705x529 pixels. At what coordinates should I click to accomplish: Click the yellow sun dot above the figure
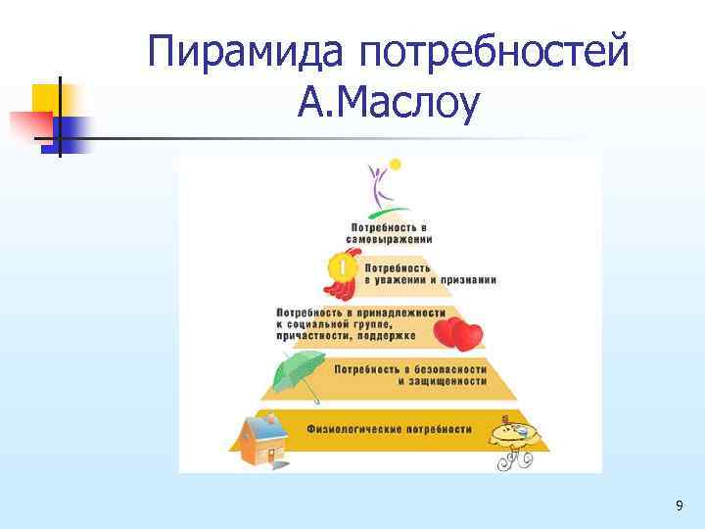[396, 164]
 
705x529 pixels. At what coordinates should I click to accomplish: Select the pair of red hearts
[458, 333]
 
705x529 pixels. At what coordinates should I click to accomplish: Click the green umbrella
[299, 373]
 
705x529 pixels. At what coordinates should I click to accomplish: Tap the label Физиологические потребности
[389, 429]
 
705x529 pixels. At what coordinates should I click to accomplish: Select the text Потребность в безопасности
[410, 369]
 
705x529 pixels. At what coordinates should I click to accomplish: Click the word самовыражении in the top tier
[389, 238]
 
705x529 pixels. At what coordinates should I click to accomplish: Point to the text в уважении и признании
[430, 279]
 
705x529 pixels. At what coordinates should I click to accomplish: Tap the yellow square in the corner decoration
[46, 98]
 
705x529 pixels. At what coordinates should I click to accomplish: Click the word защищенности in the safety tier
[442, 381]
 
